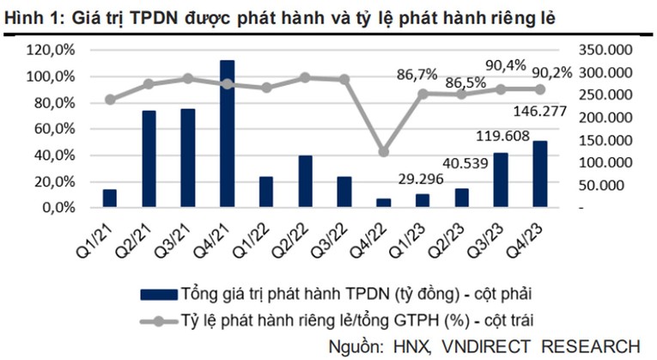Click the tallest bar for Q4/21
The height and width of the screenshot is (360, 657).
[x=227, y=134]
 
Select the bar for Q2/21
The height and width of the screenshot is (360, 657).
[x=149, y=159]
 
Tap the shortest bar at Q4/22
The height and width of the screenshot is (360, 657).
[x=383, y=203]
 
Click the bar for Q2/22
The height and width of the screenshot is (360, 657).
[x=305, y=181]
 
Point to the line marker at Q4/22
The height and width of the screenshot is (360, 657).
[x=383, y=152]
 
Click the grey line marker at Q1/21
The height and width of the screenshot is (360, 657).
[x=110, y=100]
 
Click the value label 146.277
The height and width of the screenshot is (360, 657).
[x=538, y=111]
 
